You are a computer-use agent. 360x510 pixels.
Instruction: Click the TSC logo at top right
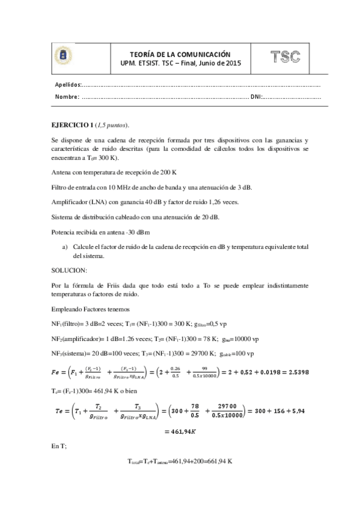(285, 57)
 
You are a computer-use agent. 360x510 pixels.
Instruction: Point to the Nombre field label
(67, 96)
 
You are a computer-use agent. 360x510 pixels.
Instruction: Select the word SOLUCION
(70, 270)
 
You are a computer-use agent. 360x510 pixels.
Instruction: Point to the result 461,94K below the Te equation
(180, 431)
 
